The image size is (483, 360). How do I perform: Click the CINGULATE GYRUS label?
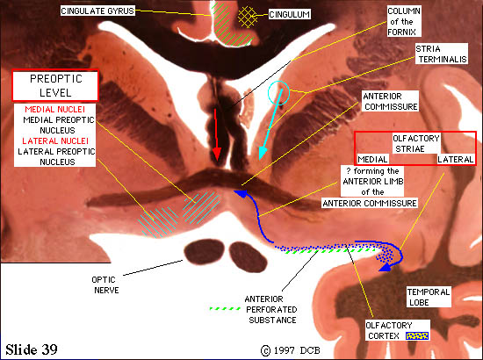97,11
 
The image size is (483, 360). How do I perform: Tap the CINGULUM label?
289,14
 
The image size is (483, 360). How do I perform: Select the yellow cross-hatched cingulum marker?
248,17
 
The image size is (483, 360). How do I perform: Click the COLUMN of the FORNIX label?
404,22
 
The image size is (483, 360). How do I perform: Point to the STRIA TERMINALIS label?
442,54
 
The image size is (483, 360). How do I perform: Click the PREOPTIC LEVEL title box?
55,86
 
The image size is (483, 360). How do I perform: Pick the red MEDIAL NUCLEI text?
54,110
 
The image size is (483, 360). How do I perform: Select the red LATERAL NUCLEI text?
55,141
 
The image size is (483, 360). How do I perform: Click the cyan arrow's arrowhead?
263,153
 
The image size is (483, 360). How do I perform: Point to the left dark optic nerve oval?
204,252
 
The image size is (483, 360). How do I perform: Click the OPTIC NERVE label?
105,284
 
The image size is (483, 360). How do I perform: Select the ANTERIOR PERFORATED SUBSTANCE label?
271,309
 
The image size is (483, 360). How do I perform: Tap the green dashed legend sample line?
225,308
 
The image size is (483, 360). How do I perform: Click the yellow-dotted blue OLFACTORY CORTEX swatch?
417,335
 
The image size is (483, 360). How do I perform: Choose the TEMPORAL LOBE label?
429,297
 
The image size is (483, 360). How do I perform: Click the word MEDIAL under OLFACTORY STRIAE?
372,160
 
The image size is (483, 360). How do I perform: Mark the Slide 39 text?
32,349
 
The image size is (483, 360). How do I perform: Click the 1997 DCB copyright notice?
291,350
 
